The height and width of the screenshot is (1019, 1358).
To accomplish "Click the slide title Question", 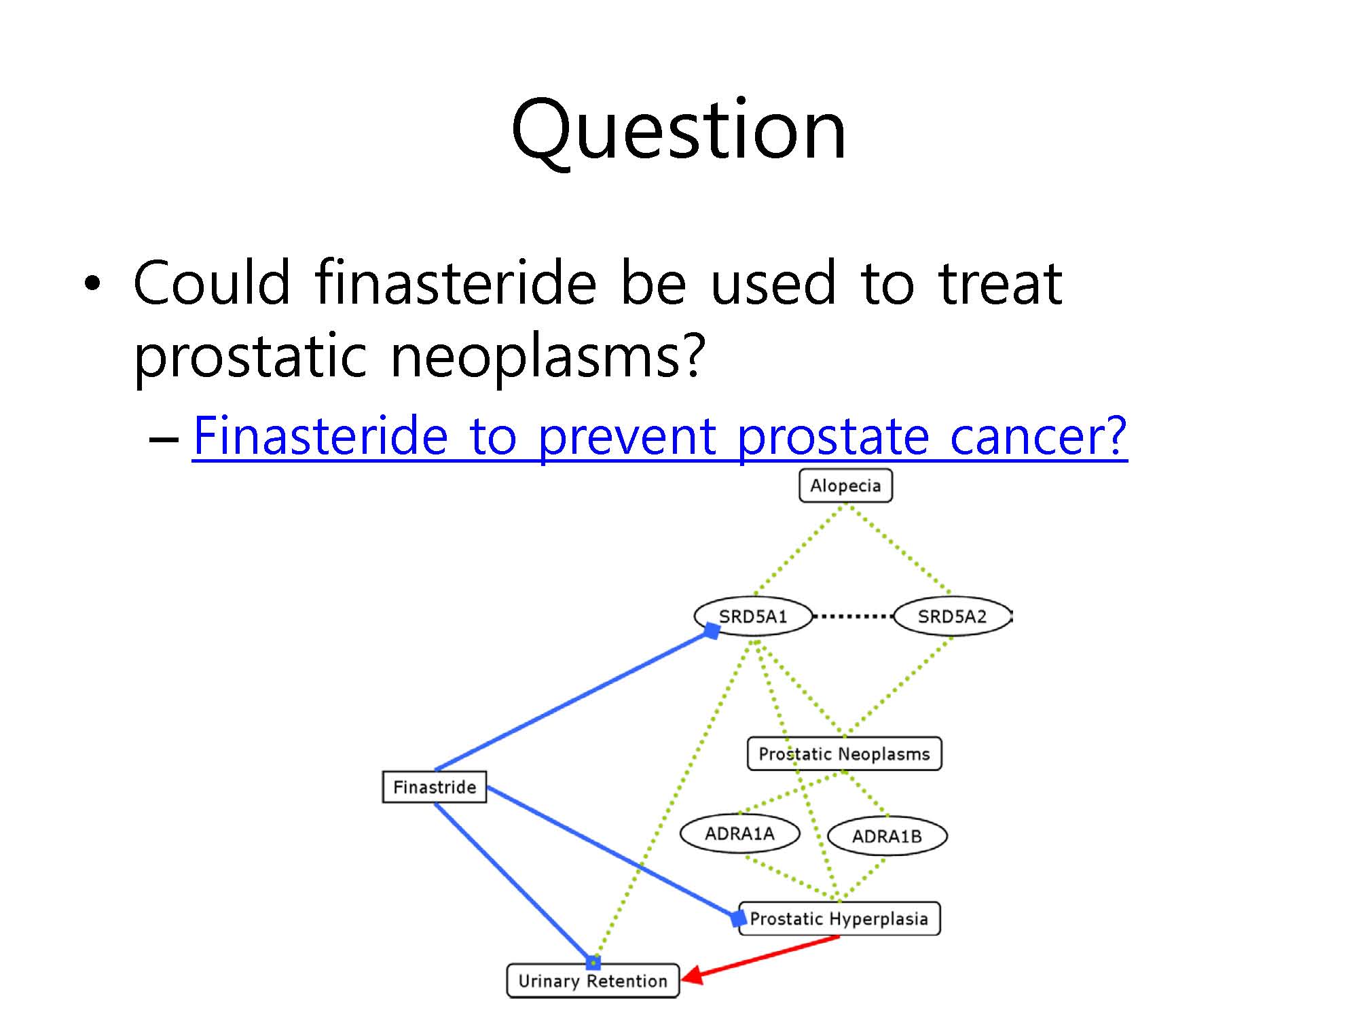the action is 679,131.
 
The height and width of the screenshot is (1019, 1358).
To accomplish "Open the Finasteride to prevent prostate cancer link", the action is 660,435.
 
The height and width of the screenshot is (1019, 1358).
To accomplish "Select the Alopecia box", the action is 845,486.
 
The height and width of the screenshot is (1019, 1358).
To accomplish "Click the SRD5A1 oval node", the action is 753,616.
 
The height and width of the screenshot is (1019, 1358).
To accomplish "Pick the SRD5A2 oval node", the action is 952,616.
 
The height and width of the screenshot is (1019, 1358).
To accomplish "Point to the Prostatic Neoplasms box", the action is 844,753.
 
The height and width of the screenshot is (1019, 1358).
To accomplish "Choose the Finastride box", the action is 435,787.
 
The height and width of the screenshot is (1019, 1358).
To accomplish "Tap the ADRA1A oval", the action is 739,833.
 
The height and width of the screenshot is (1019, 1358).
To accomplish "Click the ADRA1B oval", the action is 887,836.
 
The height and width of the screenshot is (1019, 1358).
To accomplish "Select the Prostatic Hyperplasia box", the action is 839,918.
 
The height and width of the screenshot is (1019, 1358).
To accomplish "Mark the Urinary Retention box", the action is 593,980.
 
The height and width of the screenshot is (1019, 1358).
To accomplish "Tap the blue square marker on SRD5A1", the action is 712,630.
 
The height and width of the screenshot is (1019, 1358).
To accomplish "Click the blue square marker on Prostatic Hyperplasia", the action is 738,918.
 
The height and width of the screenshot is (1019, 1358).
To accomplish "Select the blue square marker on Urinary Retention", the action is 593,963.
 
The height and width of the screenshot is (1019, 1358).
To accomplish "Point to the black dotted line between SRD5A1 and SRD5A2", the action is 853,616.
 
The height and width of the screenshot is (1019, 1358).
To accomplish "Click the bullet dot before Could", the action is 92,283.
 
